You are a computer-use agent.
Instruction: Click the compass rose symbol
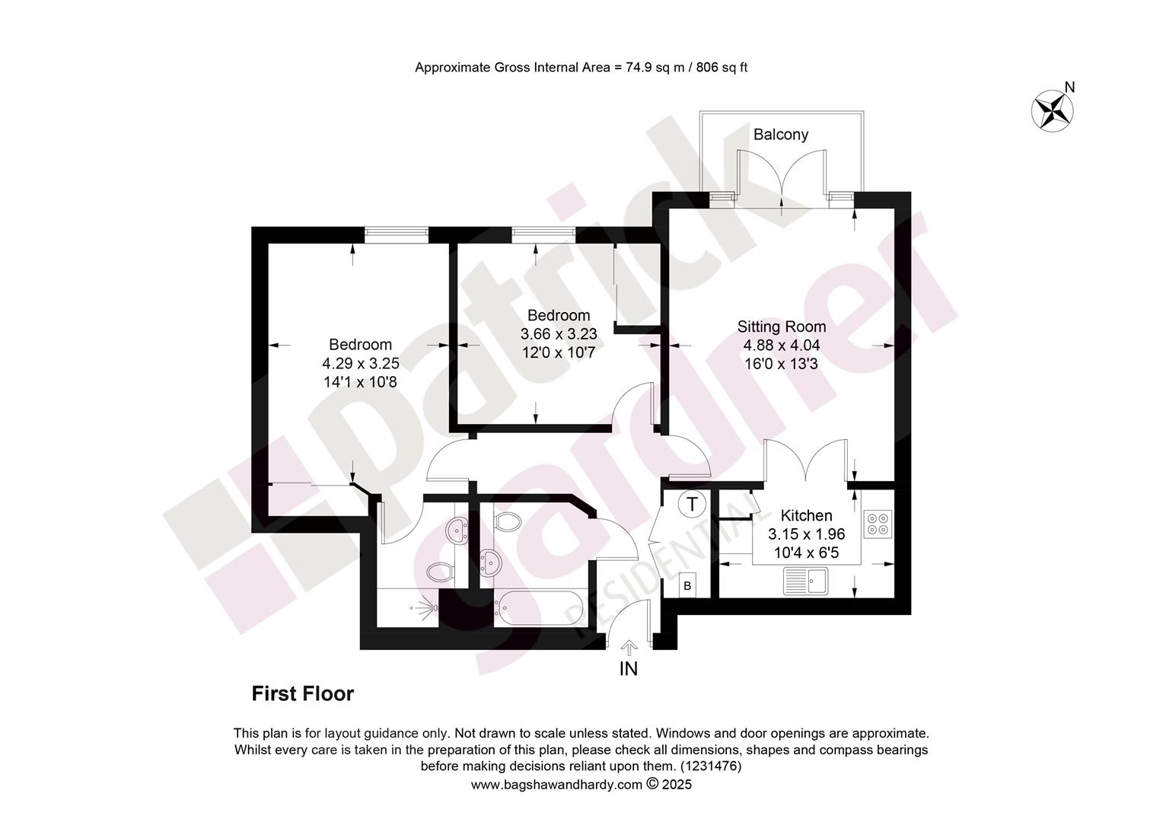1052,110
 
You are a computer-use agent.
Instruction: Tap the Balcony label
781,135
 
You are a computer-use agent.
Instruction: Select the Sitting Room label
782,327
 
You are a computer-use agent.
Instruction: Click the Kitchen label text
806,515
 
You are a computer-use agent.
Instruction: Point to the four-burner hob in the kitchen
878,524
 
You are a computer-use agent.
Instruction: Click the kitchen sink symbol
806,581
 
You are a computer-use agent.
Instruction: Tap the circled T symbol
692,504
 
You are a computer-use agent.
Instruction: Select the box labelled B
687,586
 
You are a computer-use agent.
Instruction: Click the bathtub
539,608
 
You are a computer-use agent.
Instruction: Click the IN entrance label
628,669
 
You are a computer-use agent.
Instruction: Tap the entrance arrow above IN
629,648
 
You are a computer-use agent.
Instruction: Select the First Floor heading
303,693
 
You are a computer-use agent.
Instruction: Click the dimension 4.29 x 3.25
361,363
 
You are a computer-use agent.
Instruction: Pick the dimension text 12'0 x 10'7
559,353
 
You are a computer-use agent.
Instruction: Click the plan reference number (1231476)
711,766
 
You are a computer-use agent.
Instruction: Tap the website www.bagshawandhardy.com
556,784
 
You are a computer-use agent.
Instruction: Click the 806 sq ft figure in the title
722,68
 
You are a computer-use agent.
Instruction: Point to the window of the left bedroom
396,235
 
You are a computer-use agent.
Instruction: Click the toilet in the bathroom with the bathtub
507,521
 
